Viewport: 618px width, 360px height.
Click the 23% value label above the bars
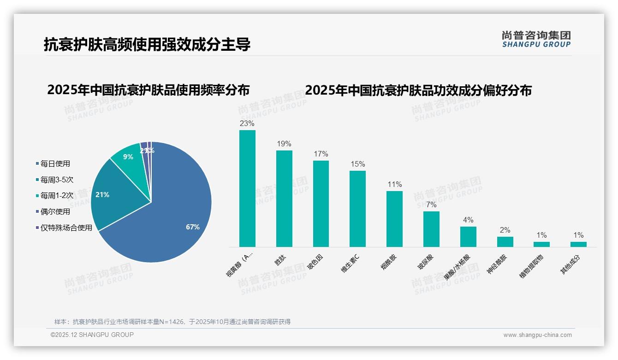pos(247,124)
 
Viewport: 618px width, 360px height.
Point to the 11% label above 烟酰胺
pos(395,185)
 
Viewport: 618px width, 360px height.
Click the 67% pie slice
pos(175,217)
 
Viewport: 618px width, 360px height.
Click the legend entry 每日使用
pos(55,164)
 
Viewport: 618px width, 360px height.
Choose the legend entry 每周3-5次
pos(57,180)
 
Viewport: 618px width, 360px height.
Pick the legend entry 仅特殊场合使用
pos(66,228)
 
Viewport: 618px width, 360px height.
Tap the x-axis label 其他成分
pos(570,264)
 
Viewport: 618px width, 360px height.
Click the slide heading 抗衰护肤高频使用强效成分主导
pos(147,45)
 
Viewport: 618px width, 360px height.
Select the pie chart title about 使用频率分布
pos(148,90)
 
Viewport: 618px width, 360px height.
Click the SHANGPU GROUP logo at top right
pos(536,39)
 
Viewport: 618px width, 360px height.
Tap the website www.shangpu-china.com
pos(537,335)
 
